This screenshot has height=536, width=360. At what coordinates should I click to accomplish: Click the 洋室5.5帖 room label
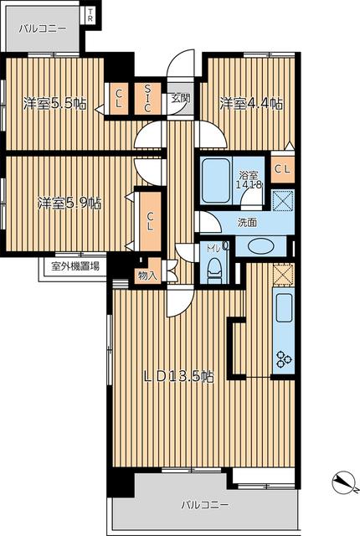pyautogui.click(x=54, y=103)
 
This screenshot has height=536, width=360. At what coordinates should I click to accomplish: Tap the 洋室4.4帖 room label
pyautogui.click(x=251, y=103)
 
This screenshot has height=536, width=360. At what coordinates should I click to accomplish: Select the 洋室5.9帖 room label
pyautogui.click(x=69, y=203)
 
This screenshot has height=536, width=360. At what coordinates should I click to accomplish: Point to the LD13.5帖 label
pyautogui.click(x=178, y=376)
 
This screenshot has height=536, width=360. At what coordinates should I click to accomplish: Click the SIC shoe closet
pyautogui.click(x=147, y=99)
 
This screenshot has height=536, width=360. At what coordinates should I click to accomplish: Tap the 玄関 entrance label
pyautogui.click(x=180, y=99)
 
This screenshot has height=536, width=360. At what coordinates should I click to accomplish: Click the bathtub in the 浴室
pyautogui.click(x=215, y=181)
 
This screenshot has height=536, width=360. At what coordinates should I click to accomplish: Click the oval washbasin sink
pyautogui.click(x=261, y=246)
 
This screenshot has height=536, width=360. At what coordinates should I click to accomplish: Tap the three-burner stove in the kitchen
pyautogui.click(x=284, y=359)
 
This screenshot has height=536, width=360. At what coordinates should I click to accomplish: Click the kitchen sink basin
pyautogui.click(x=284, y=307)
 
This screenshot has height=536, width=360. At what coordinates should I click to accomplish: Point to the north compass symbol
pyautogui.click(x=345, y=484)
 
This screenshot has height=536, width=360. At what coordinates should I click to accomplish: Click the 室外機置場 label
pyautogui.click(x=75, y=266)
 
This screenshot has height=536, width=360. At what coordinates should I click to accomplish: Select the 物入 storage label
pyautogui.click(x=147, y=276)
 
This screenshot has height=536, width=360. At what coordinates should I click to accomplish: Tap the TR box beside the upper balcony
pyautogui.click(x=90, y=15)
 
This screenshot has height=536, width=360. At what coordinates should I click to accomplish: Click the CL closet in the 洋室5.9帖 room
pyautogui.click(x=150, y=221)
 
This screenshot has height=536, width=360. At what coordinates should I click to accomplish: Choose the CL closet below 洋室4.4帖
pyautogui.click(x=283, y=169)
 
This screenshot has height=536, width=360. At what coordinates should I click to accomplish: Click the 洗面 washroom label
pyautogui.click(x=247, y=223)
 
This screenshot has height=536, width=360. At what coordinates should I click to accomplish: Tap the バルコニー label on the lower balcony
pyautogui.click(x=205, y=505)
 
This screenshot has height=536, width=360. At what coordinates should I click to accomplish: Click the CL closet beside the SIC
pyautogui.click(x=119, y=99)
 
